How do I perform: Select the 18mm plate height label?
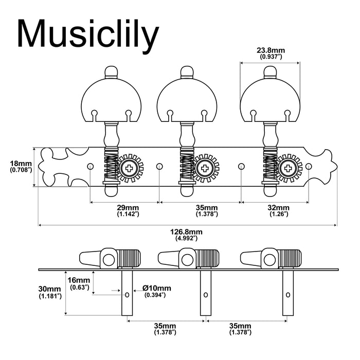pos(21,166)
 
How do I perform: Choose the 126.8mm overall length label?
pos(186,235)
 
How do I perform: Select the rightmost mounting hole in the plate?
pos(310,166)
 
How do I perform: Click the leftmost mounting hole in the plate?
pos(90,166)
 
